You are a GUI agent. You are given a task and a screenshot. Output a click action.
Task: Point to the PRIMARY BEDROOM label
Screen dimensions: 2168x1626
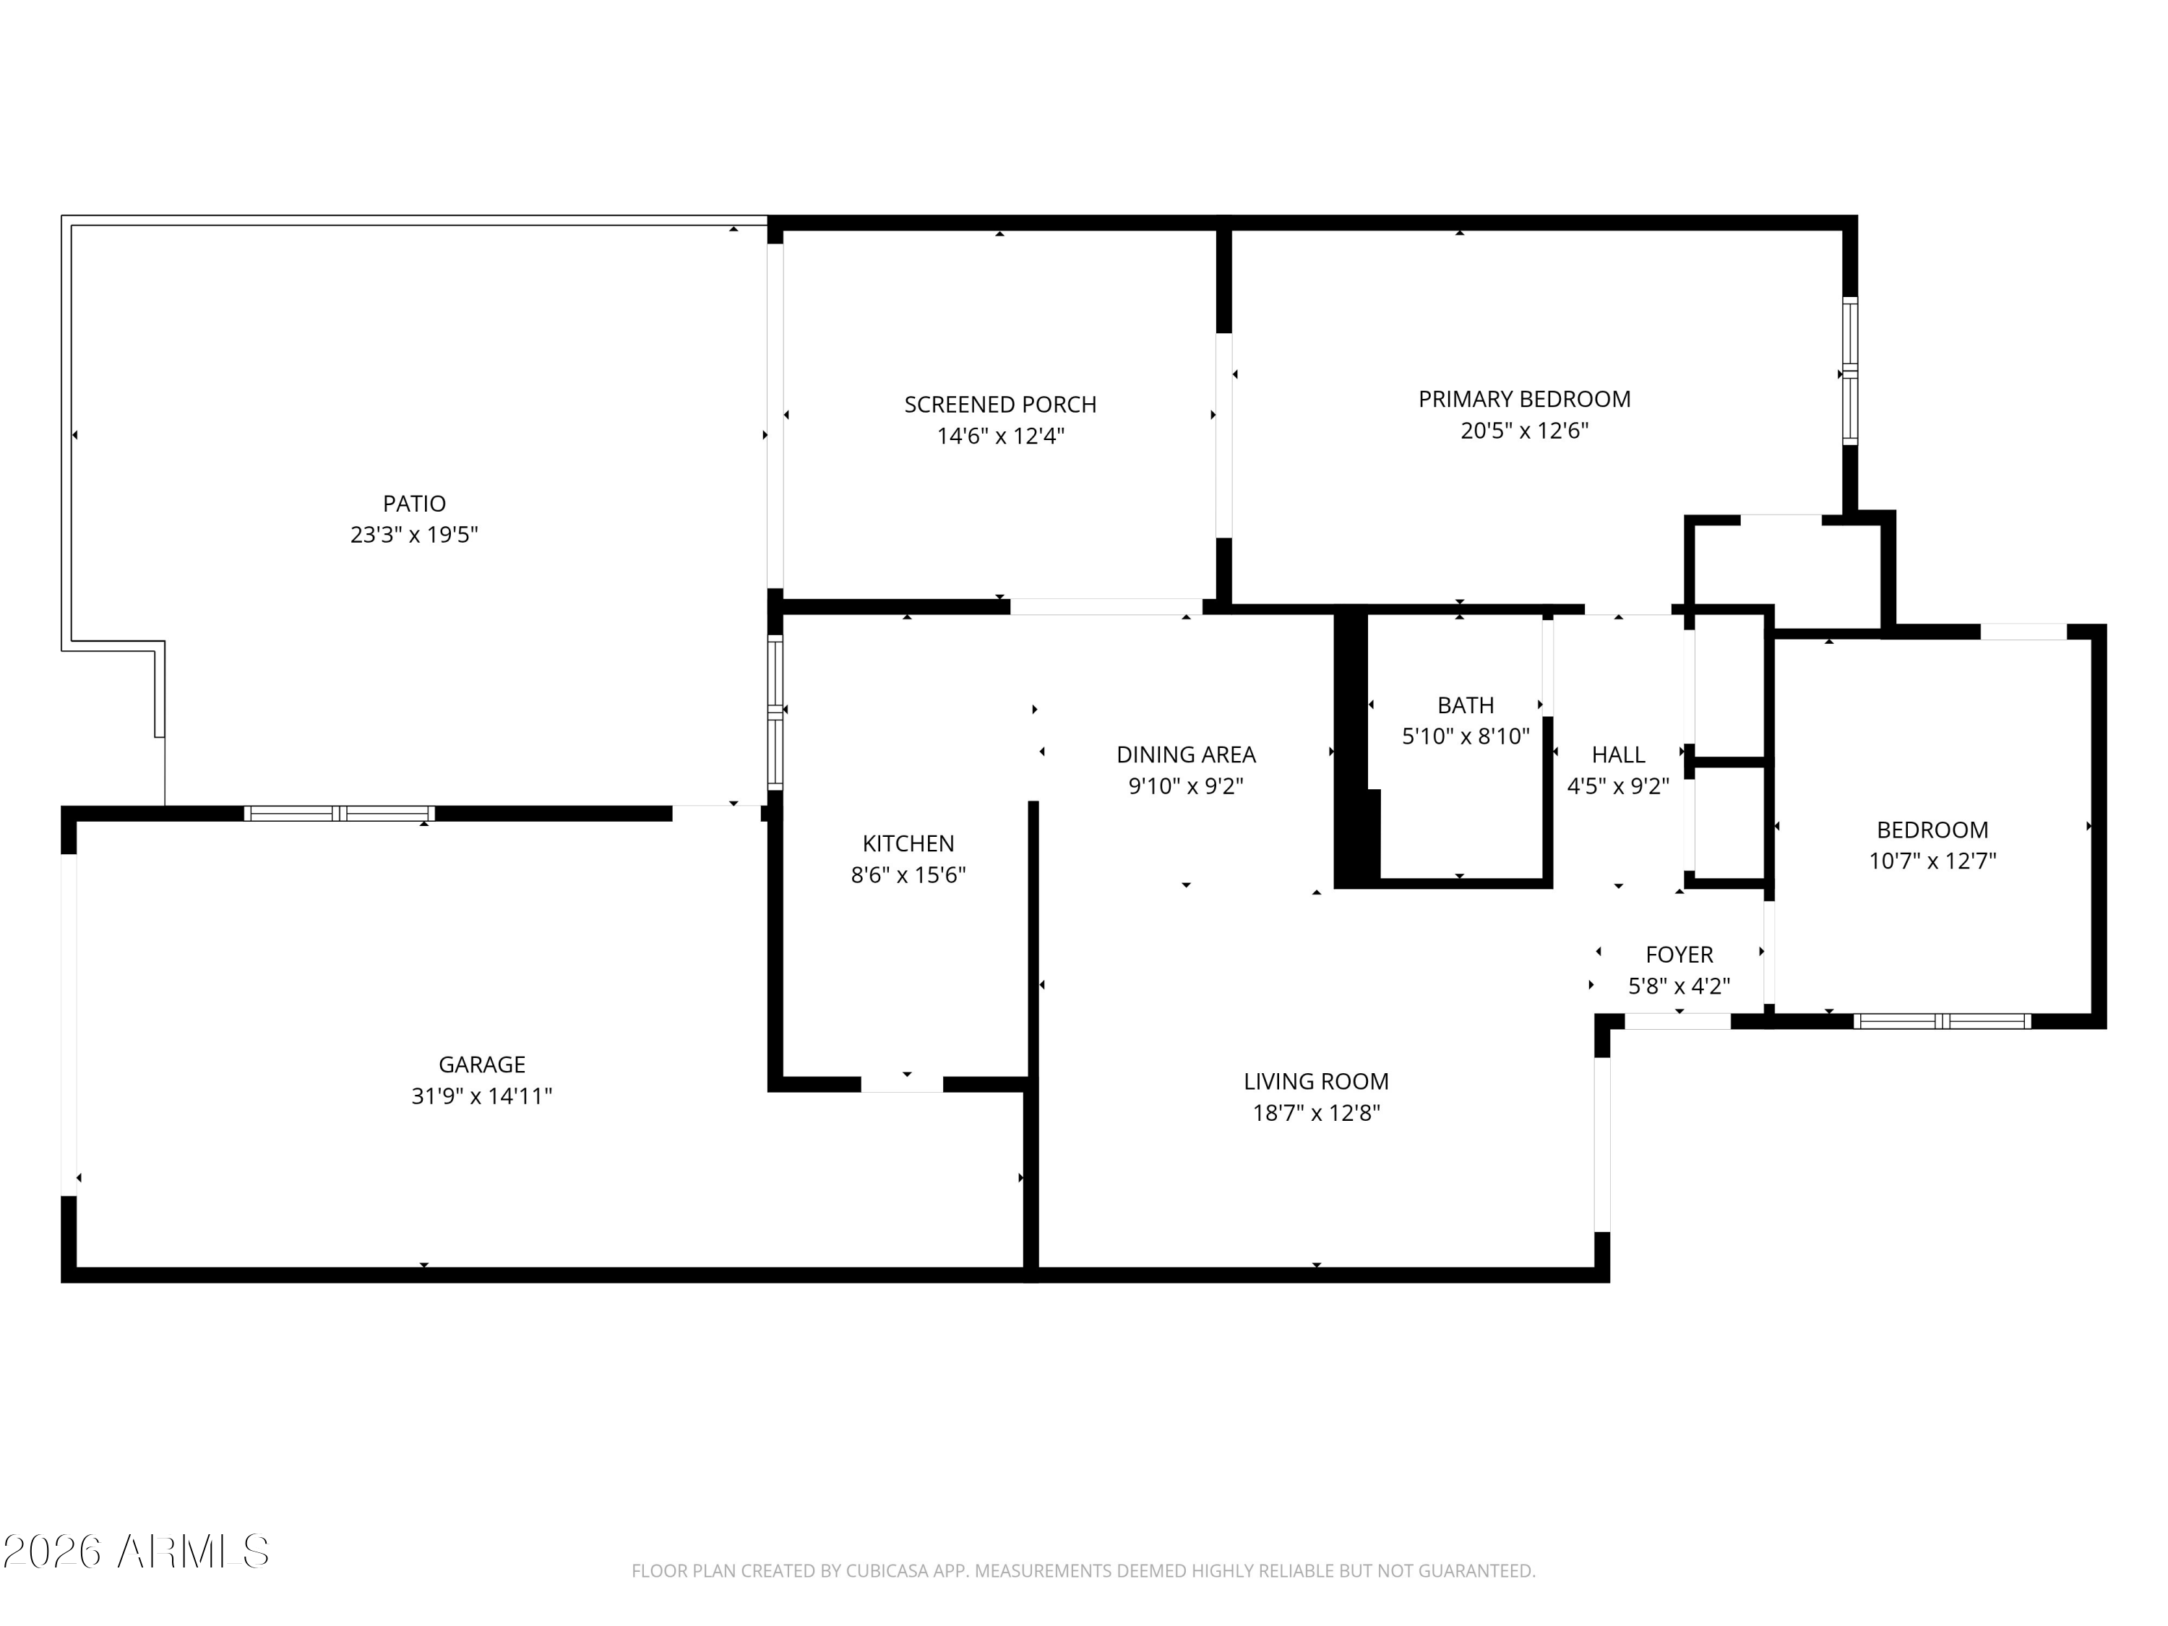pos(1524,399)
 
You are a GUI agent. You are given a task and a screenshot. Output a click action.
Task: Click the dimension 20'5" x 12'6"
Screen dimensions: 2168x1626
pos(1524,430)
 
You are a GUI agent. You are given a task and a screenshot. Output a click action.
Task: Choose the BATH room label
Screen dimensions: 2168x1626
pos(1466,705)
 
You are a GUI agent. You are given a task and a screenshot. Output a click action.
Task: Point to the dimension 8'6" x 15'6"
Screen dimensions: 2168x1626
pos(908,874)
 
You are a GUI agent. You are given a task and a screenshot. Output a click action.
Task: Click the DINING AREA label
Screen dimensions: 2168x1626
pos(1186,754)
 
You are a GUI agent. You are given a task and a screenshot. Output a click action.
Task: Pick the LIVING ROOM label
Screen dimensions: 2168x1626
pos(1316,1081)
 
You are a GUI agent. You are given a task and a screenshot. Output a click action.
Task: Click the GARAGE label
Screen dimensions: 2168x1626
pos(481,1064)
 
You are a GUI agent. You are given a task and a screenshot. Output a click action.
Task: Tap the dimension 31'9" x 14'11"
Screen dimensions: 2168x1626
pos(481,1096)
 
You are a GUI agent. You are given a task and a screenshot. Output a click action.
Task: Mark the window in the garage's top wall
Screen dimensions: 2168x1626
pos(339,814)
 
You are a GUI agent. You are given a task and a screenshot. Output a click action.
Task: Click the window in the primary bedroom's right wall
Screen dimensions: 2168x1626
pos(1849,371)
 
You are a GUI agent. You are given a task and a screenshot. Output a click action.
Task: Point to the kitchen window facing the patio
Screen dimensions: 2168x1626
pos(775,713)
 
